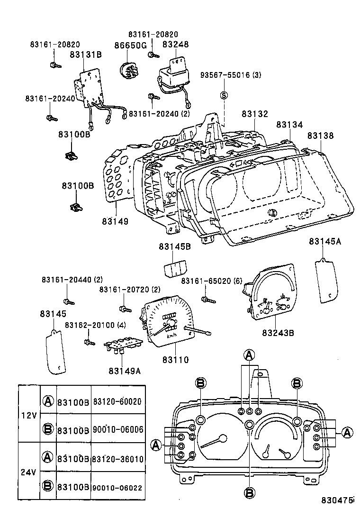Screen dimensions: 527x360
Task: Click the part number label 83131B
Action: pos(86,55)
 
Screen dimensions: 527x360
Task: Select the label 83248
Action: pos(175,45)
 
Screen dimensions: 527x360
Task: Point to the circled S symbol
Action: pos(224,95)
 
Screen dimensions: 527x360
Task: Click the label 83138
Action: pos(320,136)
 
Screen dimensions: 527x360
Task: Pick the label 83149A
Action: pos(125,371)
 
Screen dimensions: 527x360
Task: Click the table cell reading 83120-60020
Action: pos(117,401)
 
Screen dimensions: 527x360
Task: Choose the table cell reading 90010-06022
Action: pos(117,488)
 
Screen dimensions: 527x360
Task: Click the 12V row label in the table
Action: pos(29,415)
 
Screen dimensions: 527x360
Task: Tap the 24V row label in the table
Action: pos(29,472)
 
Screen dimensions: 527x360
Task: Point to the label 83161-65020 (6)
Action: pos(212,282)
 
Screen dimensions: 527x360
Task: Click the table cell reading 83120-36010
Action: pos(117,459)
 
